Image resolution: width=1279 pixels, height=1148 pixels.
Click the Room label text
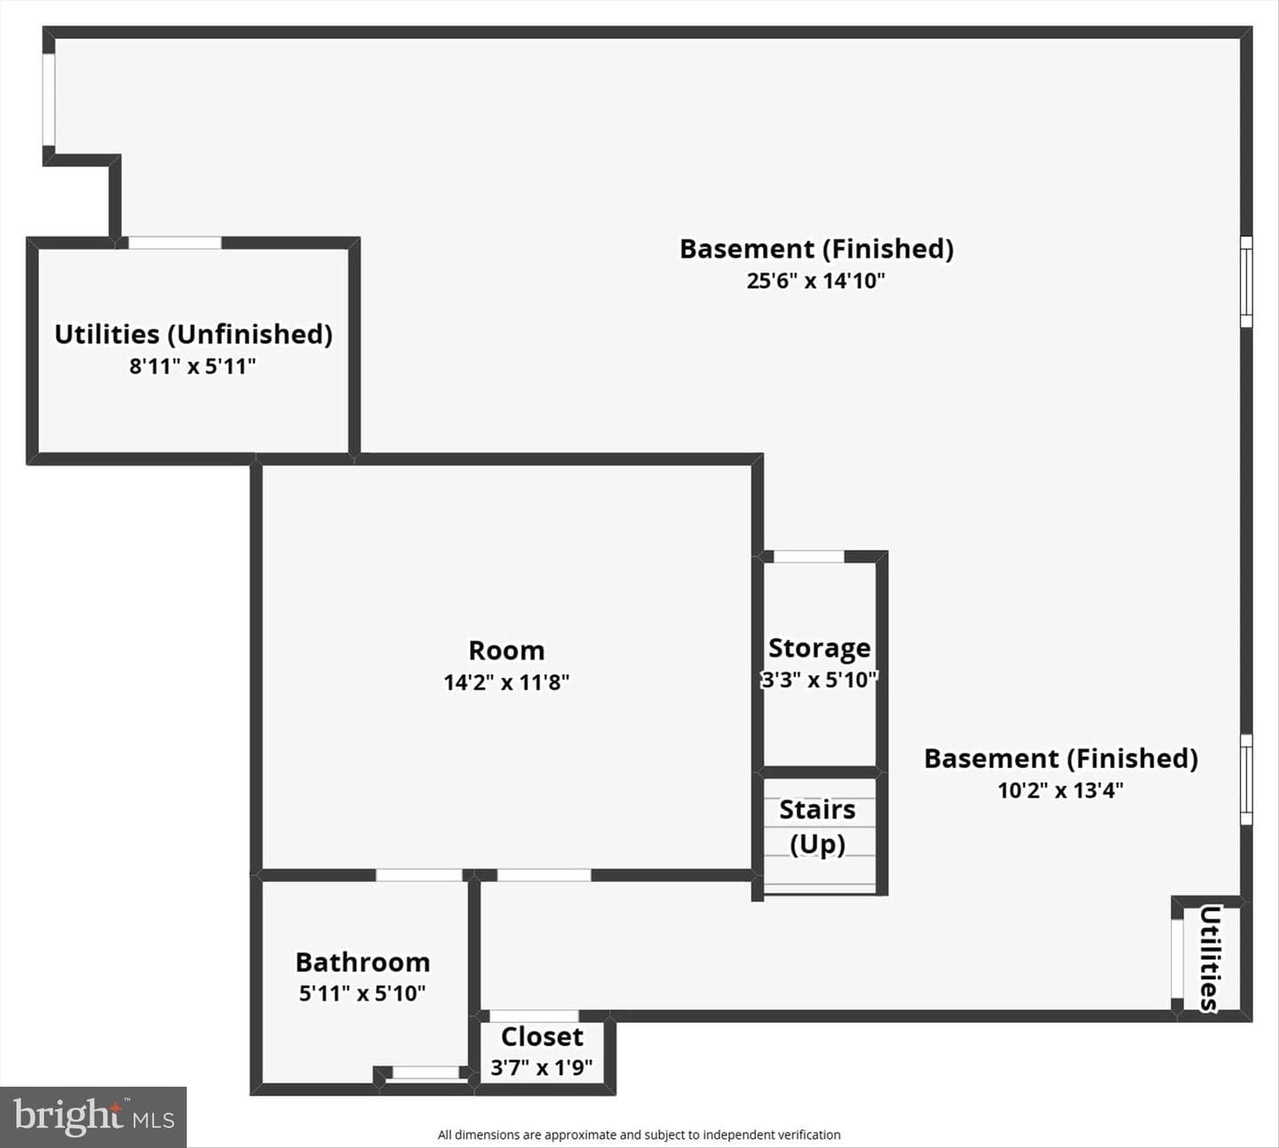506,650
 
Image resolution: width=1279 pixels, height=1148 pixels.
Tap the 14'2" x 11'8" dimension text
506,682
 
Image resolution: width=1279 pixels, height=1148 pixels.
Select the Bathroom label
363,962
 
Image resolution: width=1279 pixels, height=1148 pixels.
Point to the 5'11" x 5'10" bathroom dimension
362,993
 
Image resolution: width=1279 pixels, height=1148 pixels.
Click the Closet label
542,1036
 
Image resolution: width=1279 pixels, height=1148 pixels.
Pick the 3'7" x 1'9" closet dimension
542,1067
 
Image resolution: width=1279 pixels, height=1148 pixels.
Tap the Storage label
820,649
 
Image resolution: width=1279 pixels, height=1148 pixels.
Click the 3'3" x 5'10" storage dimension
820,680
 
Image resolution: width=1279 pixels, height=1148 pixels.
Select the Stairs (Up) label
817,826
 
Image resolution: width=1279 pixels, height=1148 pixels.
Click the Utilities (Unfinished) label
193,335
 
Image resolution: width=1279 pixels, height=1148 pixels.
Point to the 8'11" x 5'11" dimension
193,366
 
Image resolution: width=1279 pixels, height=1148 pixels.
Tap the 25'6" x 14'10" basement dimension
815,281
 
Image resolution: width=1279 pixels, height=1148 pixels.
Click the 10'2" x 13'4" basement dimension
1061,790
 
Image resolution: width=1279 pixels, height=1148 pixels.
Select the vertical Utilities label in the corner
1209,959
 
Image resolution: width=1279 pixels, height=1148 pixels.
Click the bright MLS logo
93,1116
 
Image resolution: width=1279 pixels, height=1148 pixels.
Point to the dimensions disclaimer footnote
639,1135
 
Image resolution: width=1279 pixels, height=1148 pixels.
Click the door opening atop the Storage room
808,556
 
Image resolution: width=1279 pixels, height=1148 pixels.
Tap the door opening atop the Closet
534,1016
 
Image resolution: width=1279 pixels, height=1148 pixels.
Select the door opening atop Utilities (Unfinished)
175,243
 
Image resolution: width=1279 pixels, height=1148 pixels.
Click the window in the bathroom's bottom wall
426,1072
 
